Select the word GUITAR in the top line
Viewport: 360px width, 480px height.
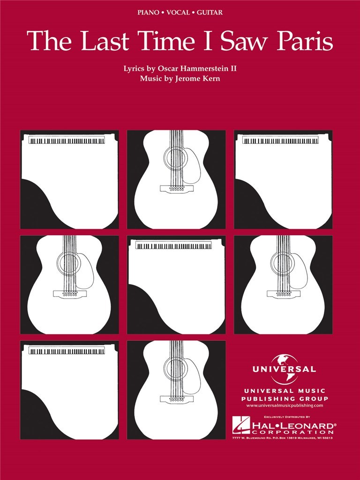pos(210,13)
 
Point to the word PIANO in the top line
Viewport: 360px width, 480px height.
pos(149,13)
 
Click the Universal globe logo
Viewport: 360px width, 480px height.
pos(284,368)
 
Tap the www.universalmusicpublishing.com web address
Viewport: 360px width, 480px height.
pos(285,405)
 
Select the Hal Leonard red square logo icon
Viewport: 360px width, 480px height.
pos(241,425)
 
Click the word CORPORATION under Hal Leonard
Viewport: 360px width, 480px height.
pos(292,432)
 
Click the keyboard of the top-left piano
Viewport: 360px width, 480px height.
pos(67,141)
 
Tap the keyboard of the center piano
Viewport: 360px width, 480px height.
pos(173,246)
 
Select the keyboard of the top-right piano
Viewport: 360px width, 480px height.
pos(280,141)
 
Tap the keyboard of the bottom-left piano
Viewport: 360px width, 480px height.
pos(67,351)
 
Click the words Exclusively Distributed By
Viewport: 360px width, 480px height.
pos(287,417)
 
